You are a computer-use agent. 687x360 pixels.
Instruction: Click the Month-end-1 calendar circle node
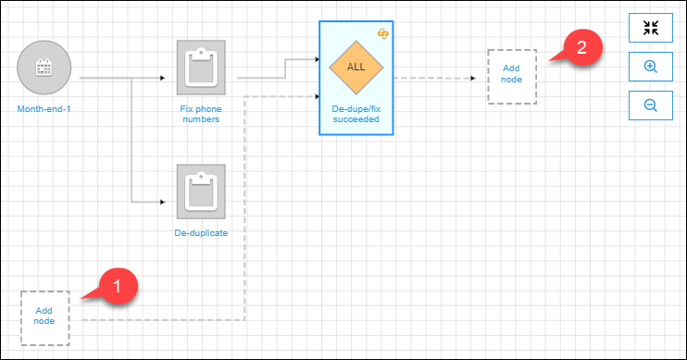44,68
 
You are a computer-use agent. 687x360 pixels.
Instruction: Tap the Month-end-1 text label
44,108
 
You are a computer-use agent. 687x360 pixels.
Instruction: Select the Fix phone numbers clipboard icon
201,68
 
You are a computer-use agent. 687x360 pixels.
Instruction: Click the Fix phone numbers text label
201,113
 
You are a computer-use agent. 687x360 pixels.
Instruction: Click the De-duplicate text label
201,232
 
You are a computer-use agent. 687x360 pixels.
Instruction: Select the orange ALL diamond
356,68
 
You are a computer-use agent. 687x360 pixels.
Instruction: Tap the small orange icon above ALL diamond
384,33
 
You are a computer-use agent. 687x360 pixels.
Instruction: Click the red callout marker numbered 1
119,283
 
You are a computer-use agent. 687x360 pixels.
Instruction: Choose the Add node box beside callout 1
44,317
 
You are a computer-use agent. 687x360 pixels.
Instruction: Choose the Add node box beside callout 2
512,74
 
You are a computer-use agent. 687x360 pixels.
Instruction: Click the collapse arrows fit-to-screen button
651,27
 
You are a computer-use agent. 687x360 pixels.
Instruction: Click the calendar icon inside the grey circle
44,67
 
